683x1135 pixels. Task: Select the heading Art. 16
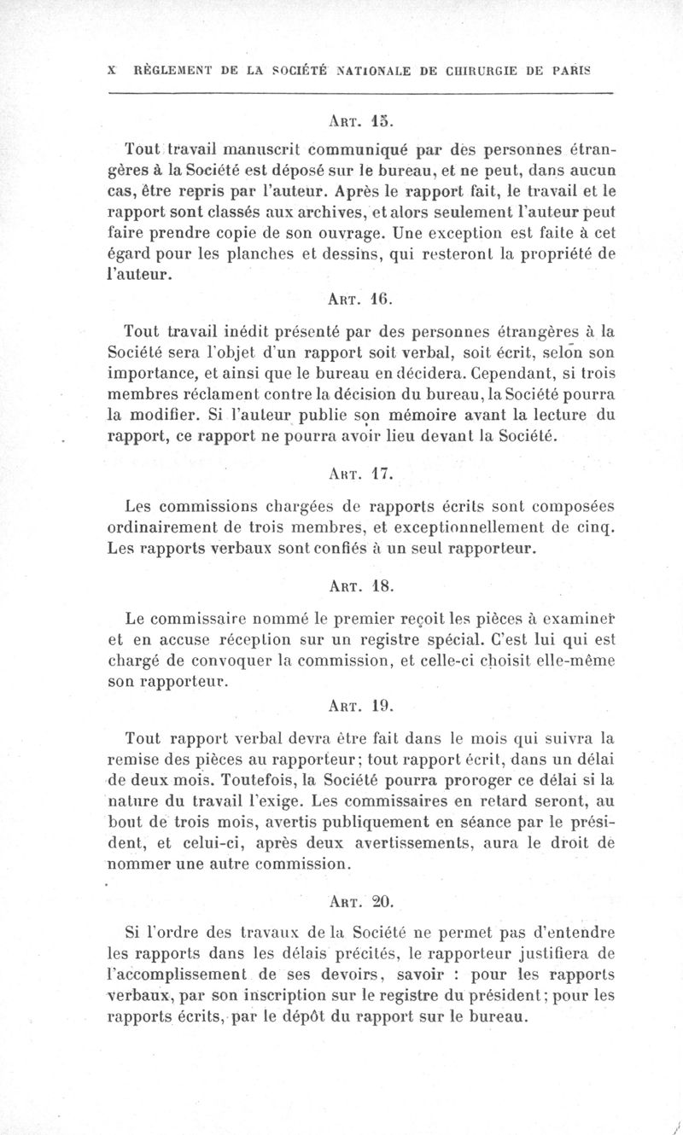tap(359, 300)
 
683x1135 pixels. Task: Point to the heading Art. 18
tap(359, 586)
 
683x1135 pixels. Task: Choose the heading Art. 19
tap(359, 706)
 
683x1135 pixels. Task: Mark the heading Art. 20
tap(359, 900)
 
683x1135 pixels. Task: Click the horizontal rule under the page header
tap(362, 92)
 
